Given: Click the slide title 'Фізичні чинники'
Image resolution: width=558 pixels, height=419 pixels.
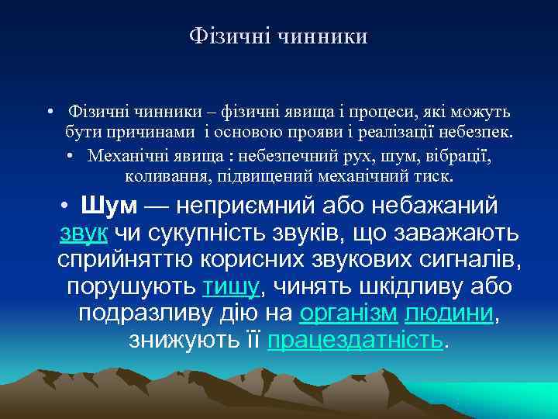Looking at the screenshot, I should tap(278, 36).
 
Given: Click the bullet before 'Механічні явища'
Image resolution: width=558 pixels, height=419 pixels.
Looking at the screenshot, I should tap(71, 155).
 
